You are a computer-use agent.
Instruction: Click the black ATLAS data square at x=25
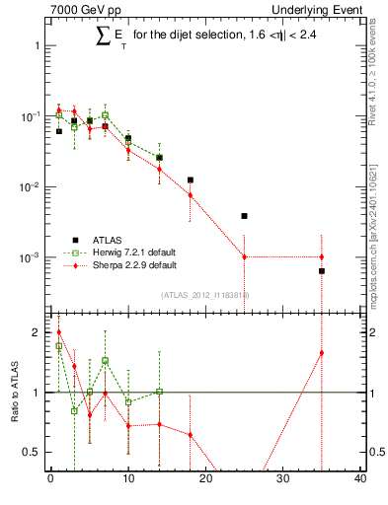point(245,215)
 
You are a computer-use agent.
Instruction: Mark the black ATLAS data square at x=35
point(322,270)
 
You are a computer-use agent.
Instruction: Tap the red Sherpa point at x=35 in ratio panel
point(322,352)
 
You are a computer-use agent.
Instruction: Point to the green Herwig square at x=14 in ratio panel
point(159,392)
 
